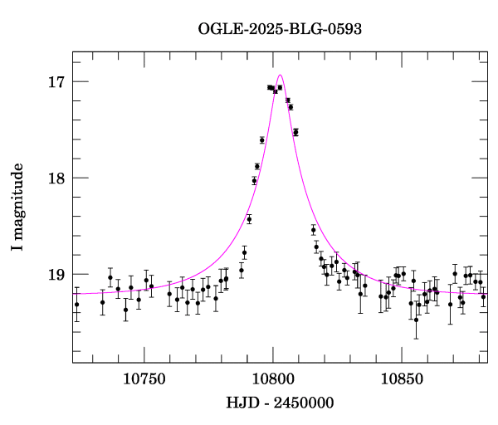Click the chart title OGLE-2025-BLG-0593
tap(280, 29)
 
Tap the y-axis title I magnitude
tap(17, 208)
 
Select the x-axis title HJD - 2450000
tap(280, 403)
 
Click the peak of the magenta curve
tap(280, 75)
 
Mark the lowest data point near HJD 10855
tap(416, 319)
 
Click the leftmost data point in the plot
tap(76, 305)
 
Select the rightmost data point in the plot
tap(483, 296)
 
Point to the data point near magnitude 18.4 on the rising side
tap(249, 219)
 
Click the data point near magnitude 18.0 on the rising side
tap(254, 180)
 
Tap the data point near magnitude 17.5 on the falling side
tap(295, 132)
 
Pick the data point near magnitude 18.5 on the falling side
tap(313, 230)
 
